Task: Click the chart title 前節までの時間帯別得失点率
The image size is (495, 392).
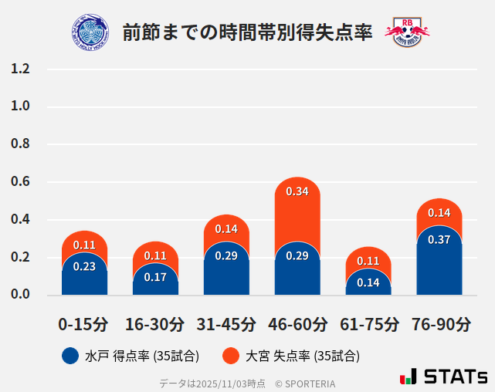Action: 247,31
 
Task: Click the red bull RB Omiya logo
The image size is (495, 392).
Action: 407,32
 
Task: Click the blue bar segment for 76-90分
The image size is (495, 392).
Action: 439,266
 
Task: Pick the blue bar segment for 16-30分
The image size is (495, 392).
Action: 155,282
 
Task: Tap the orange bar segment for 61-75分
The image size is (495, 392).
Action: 368,259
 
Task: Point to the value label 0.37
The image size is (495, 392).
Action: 439,239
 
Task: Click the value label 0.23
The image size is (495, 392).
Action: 84,267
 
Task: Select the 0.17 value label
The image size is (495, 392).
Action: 155,276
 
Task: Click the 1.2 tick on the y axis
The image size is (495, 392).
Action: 21,69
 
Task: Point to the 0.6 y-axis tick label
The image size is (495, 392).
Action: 21,182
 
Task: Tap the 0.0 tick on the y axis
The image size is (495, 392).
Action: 21,295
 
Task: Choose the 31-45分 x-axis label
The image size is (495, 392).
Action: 226,323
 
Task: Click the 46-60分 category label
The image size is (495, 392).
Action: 297,323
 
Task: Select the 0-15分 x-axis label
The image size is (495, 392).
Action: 84,323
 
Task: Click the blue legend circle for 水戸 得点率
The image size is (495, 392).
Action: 70,356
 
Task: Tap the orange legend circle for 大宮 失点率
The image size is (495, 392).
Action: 231,356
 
